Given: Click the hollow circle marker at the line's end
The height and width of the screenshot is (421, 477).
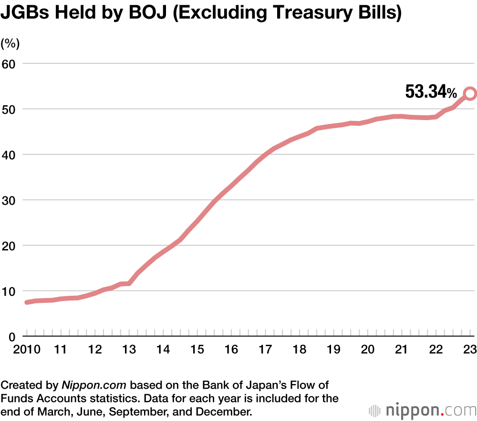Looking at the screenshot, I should [x=470, y=93].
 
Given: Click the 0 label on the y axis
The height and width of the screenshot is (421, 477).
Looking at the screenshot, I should [x=13, y=336].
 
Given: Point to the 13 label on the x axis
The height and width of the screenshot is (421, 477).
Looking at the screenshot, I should [x=129, y=350].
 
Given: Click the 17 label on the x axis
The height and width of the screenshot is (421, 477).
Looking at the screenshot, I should [x=265, y=350].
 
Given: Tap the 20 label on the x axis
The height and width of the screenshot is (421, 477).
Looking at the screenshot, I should [x=367, y=350].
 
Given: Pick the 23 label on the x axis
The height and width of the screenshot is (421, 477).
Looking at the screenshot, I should [x=470, y=350].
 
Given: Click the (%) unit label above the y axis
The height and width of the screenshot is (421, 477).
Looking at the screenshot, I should [x=10, y=43].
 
